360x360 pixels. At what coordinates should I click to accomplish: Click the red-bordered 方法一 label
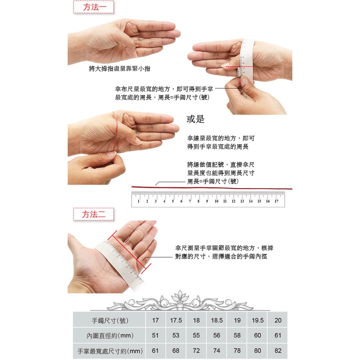coord(94,7)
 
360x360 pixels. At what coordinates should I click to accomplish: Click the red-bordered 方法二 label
coord(94,215)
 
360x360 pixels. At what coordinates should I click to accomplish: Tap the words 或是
coord(195,119)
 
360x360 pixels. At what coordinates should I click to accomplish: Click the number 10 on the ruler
coord(216,201)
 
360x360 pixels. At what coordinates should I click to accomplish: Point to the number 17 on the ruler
coord(276,201)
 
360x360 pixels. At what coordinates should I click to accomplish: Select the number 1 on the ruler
coord(138,201)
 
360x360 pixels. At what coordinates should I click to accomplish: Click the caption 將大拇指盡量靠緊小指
coord(120,69)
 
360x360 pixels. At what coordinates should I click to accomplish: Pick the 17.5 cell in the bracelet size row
coord(176,320)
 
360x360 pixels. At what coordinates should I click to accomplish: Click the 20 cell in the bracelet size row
coord(278,320)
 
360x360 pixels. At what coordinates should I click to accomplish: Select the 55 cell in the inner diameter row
coord(196,336)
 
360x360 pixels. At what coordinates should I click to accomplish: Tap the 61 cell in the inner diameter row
coord(278,336)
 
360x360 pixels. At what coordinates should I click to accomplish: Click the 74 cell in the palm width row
coord(216,350)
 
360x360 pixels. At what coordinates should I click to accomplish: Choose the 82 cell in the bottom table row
coord(278,350)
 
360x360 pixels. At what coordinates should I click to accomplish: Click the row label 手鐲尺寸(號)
coord(110,320)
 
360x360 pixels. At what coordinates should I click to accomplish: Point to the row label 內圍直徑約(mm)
coord(110,336)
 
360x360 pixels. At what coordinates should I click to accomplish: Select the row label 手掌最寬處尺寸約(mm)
coord(110,351)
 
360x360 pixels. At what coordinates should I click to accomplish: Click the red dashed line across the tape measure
coord(239,67)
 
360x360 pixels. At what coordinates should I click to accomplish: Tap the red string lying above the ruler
coord(212,188)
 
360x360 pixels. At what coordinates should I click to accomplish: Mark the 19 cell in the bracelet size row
coord(237,320)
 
